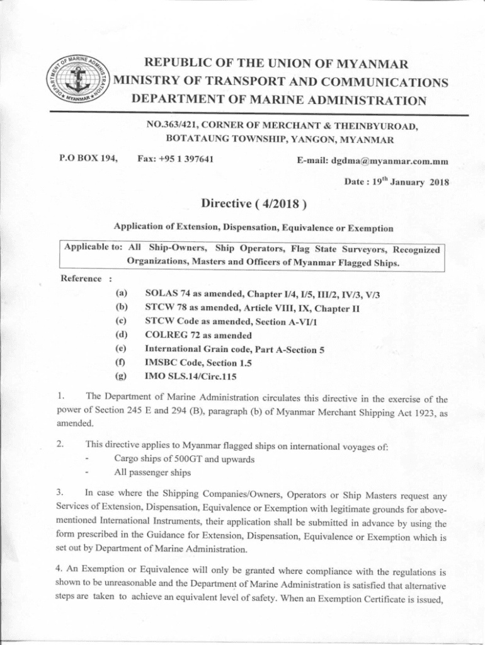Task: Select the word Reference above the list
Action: (x=81, y=278)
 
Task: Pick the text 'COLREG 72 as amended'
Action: (x=198, y=334)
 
